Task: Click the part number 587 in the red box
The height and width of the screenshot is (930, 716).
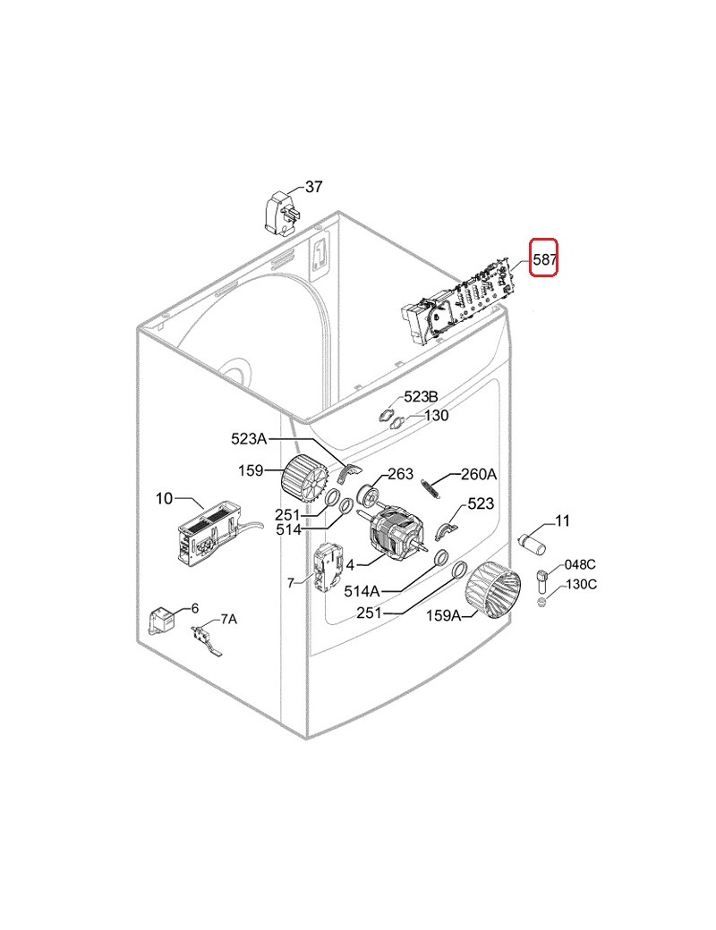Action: coord(544,259)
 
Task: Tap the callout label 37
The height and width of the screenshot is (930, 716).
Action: coord(313,187)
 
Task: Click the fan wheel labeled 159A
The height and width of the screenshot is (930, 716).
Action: coord(492,590)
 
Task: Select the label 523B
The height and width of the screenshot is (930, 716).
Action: coord(421,396)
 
